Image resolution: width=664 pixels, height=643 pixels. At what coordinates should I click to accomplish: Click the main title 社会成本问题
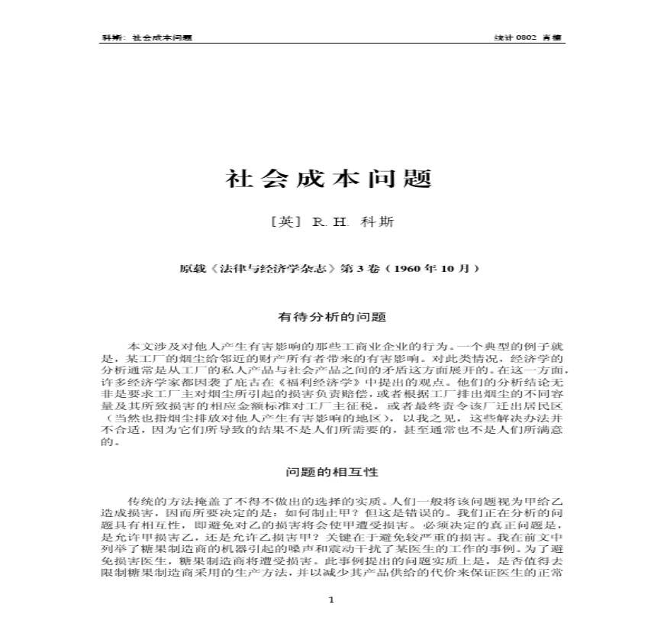tap(329, 179)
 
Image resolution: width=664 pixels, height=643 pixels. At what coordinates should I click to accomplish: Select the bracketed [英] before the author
tap(282, 222)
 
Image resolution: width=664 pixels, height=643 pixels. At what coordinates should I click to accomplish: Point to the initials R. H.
tap(330, 222)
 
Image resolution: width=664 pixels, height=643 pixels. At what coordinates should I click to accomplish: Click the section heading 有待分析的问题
tap(331, 315)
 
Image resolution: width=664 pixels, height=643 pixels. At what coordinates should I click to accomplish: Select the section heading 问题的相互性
tap(331, 472)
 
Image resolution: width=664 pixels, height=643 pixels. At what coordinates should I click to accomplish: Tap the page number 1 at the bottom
tap(331, 600)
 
